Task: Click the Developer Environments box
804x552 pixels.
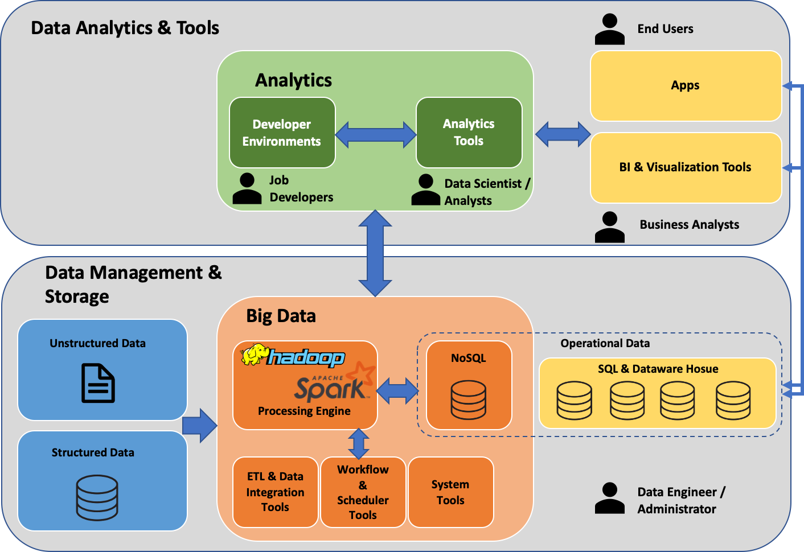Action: pyautogui.click(x=282, y=133)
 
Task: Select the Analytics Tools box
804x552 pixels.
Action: pyautogui.click(x=469, y=133)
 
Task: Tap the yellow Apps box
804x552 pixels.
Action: pyautogui.click(x=686, y=86)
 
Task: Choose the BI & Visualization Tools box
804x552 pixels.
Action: pyautogui.click(x=686, y=167)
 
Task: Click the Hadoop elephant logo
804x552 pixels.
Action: pyautogui.click(x=254, y=355)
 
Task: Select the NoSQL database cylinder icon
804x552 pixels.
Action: pyautogui.click(x=468, y=400)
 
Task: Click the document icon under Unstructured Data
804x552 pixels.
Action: pyautogui.click(x=98, y=383)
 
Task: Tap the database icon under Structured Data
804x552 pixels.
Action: pyautogui.click(x=97, y=497)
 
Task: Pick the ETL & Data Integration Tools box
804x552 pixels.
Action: pyautogui.click(x=275, y=492)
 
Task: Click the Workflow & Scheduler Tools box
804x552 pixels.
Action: pyautogui.click(x=363, y=492)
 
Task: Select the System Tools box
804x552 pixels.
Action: pyautogui.click(x=450, y=492)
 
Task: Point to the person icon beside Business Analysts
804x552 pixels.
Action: pyautogui.click(x=609, y=226)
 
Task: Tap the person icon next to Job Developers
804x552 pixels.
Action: pyautogui.click(x=247, y=188)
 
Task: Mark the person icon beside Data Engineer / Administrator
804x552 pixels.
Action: pyautogui.click(x=609, y=498)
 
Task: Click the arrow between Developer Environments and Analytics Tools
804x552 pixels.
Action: pyautogui.click(x=376, y=135)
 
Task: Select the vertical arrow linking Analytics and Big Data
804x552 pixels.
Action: pyautogui.click(x=375, y=253)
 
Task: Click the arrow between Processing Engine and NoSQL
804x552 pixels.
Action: pyautogui.click(x=397, y=390)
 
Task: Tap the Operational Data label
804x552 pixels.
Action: pyautogui.click(x=605, y=343)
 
